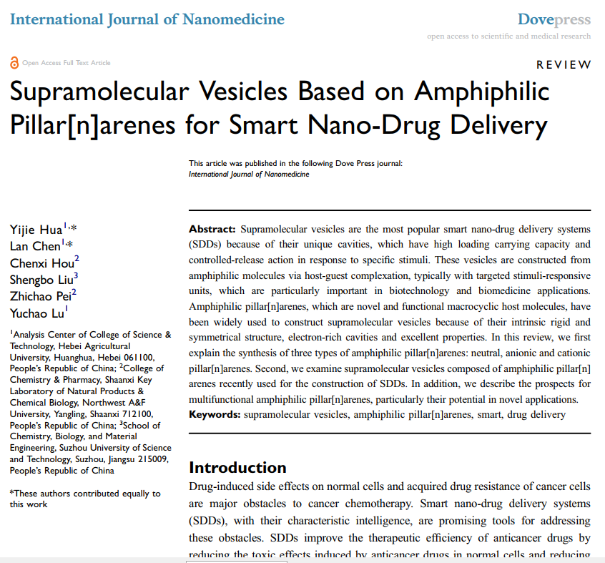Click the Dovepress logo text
(x=554, y=19)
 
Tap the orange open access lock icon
(x=14, y=63)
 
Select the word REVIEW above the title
(x=564, y=65)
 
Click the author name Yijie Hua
(x=36, y=230)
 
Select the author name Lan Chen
(x=35, y=246)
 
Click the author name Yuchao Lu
(x=38, y=313)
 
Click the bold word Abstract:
(x=212, y=230)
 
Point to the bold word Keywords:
(x=215, y=415)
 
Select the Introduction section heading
(x=237, y=468)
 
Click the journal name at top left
(x=147, y=19)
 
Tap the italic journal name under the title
(x=249, y=174)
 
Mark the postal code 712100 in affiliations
(x=136, y=414)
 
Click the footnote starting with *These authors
(x=84, y=499)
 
